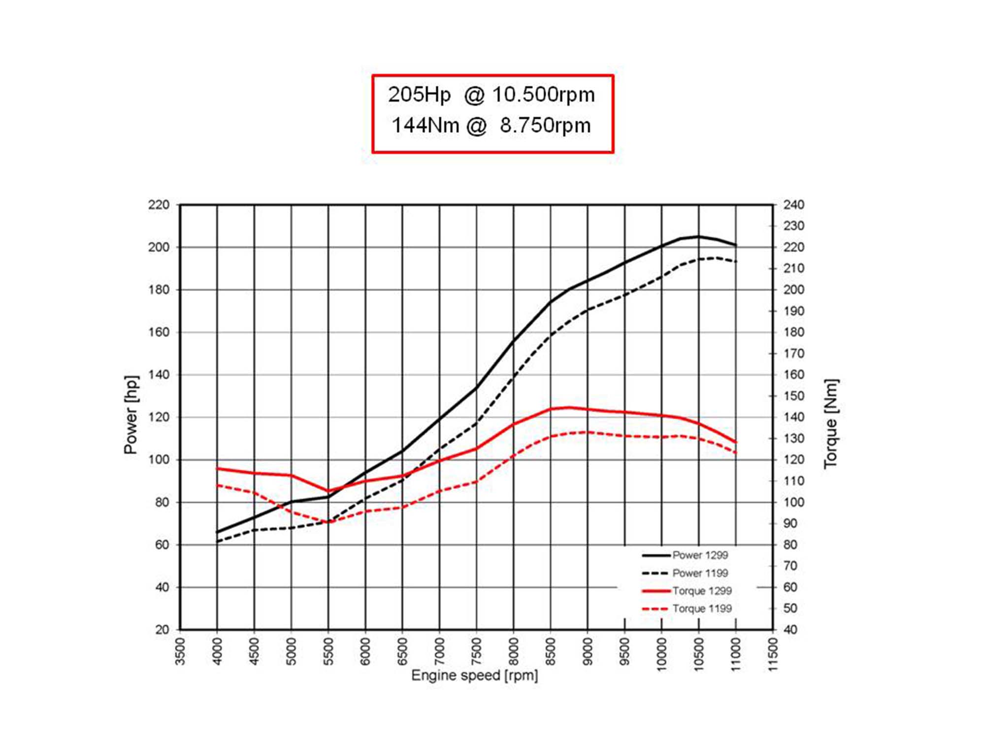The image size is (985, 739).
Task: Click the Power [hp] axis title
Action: tap(131, 415)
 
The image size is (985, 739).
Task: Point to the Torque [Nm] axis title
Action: tap(831, 424)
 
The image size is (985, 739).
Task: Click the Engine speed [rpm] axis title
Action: tap(474, 675)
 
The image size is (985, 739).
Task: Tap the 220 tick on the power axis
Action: tap(159, 205)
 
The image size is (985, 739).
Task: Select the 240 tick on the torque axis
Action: tap(794, 205)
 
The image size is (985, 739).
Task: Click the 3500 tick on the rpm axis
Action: tap(180, 651)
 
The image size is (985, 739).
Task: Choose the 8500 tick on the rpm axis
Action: tap(551, 651)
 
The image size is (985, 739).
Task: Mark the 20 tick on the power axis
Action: tap(162, 630)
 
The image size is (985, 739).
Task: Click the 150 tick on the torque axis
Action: tap(794, 396)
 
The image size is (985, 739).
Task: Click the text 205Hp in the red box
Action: tap(419, 95)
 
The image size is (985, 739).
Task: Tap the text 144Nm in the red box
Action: tap(425, 125)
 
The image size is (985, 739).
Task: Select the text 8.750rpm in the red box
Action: tap(545, 125)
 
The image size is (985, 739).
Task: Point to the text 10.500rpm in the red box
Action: tap(543, 95)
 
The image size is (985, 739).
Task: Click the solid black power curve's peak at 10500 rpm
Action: tap(698, 237)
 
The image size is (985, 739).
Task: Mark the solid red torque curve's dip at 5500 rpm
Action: tap(328, 491)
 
